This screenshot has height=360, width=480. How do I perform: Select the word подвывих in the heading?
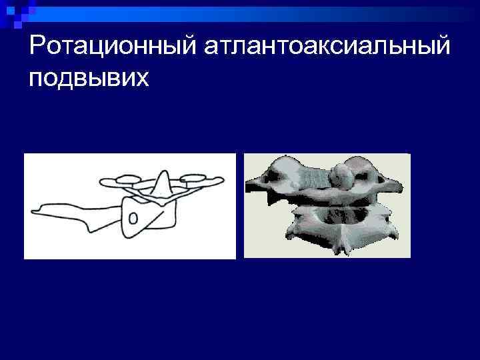(90, 79)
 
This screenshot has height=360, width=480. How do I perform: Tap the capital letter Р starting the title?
(37, 48)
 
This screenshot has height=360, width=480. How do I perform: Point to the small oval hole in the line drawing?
(133, 218)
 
